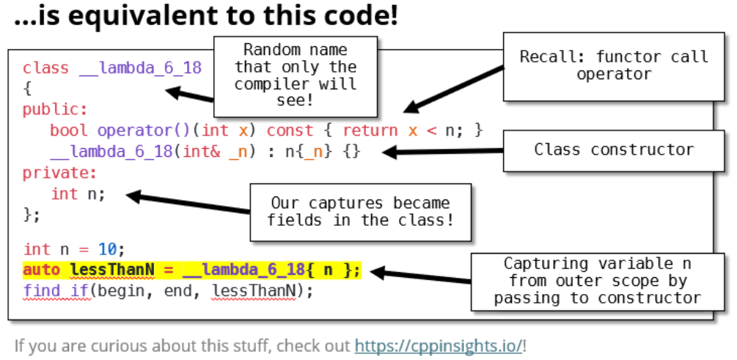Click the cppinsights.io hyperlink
pyautogui.click(x=439, y=345)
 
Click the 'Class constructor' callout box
pyautogui.click(x=613, y=150)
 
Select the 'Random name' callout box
pyautogui.click(x=296, y=76)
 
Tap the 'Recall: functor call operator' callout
pyautogui.click(x=614, y=65)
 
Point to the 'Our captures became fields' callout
pyautogui.click(x=360, y=212)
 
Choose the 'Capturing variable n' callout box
pyautogui.click(x=597, y=281)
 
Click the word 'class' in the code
pyautogui.click(x=45, y=68)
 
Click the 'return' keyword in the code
pyautogui.click(x=370, y=131)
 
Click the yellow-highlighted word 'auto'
pyautogui.click(x=41, y=270)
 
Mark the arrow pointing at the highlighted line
pyautogui.click(x=418, y=276)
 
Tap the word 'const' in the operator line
pyautogui.click(x=290, y=131)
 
